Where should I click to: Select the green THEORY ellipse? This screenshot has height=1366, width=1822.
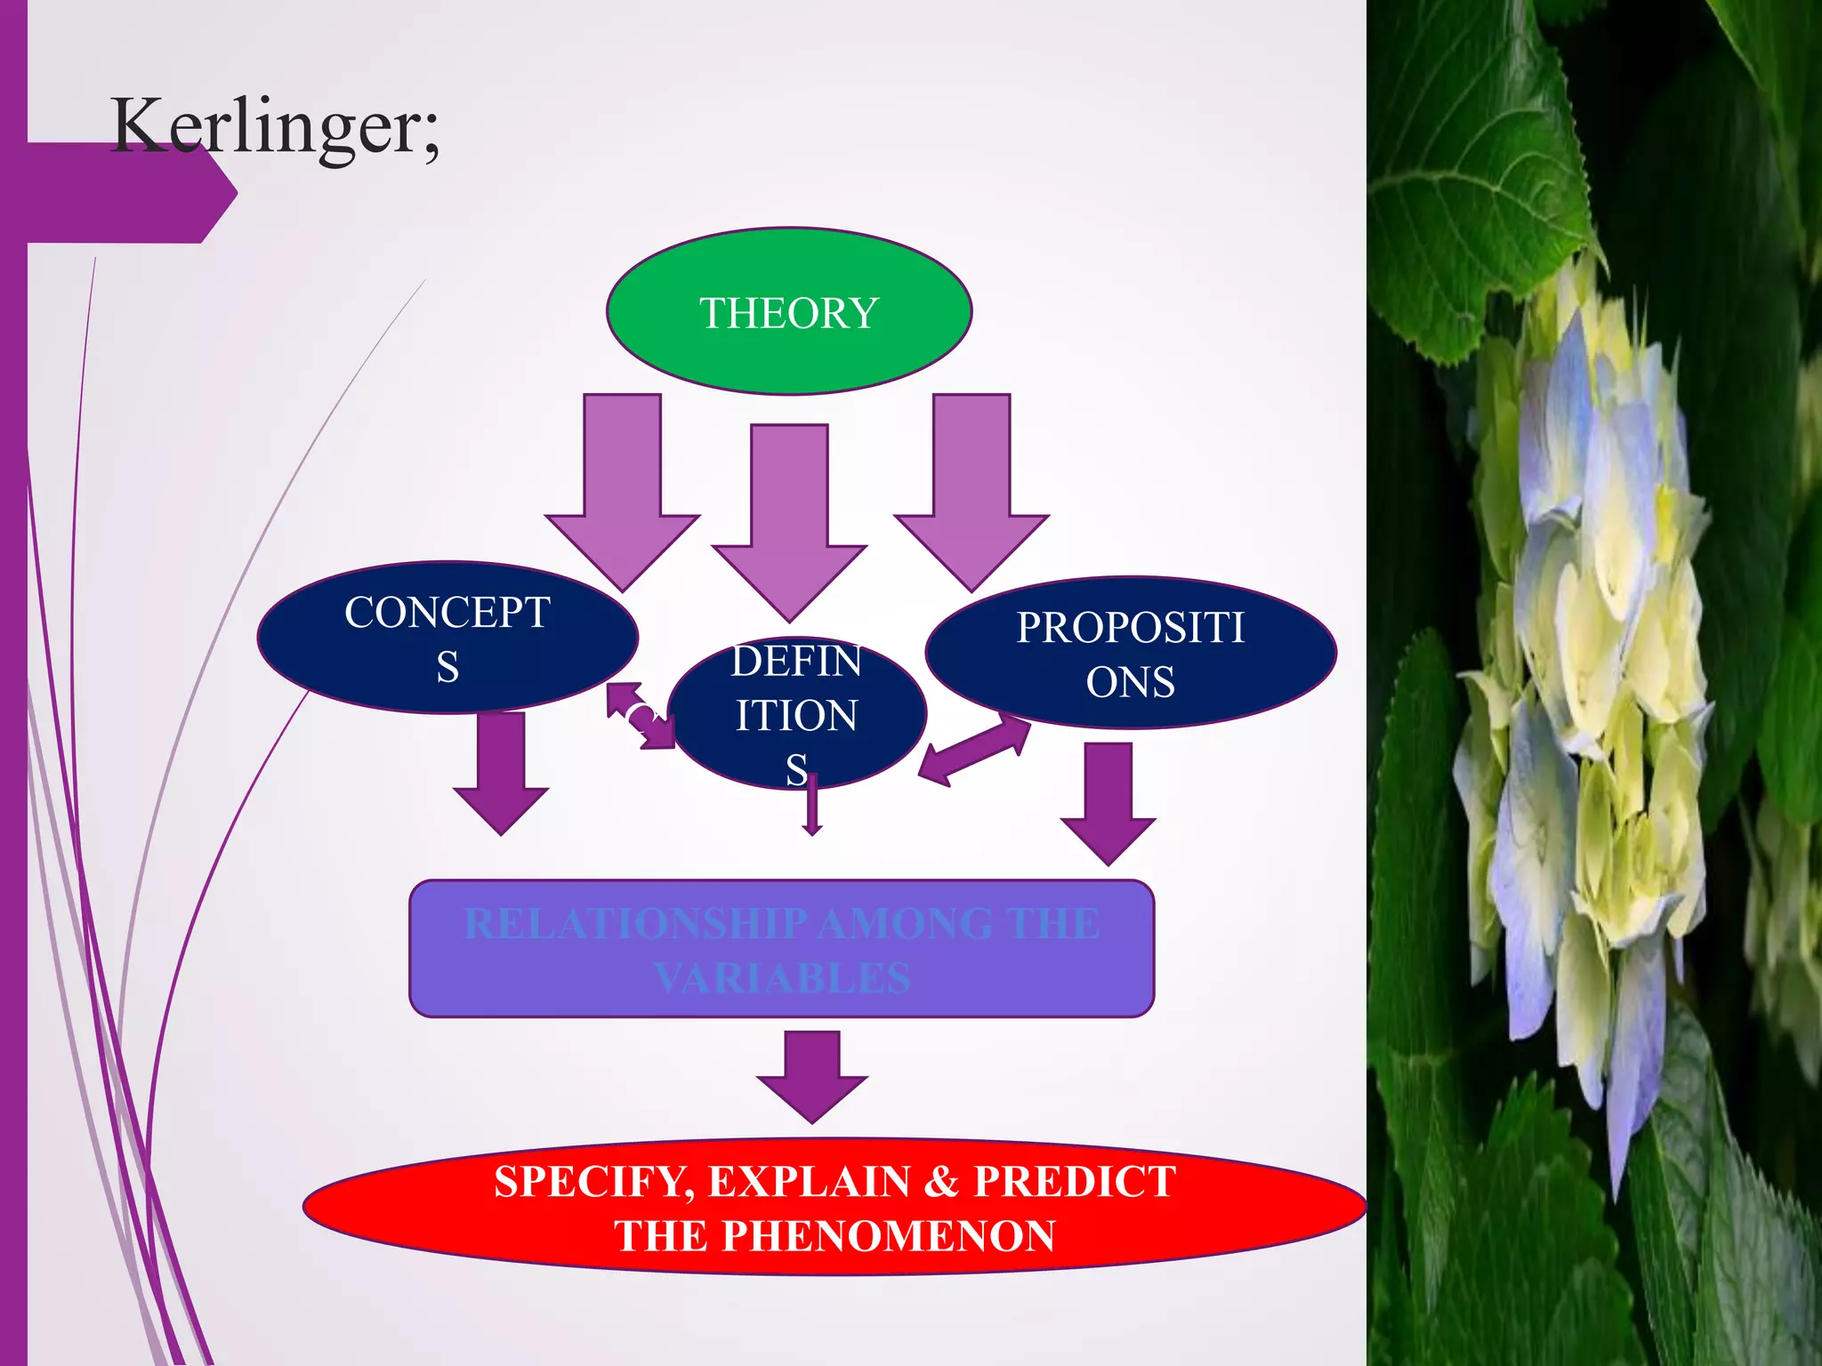(789, 311)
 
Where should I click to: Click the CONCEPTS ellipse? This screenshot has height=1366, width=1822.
(447, 637)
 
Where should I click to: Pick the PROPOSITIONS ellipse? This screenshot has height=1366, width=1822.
(1130, 654)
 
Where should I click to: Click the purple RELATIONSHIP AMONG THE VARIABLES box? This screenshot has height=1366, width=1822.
(781, 949)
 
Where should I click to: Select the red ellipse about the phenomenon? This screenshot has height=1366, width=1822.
(834, 1207)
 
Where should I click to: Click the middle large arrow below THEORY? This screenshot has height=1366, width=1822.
(789, 516)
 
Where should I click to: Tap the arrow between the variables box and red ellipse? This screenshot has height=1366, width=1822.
(811, 1076)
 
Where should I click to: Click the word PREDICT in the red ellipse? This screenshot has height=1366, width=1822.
(1074, 1181)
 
